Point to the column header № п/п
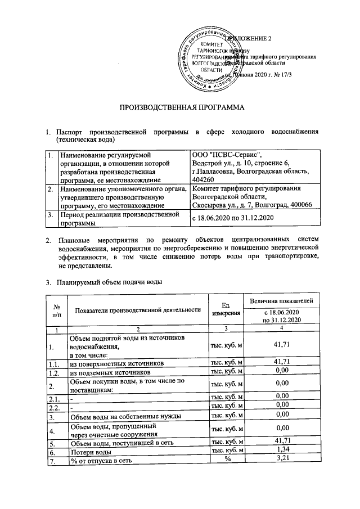pyautogui.click(x=56, y=309)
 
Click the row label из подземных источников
pyautogui.click(x=110, y=372)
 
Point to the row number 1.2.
pyautogui.click(x=55, y=372)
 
